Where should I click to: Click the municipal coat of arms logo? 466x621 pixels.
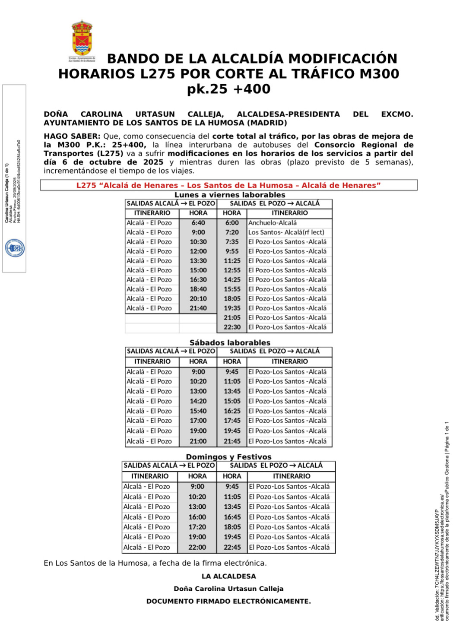pos(82,38)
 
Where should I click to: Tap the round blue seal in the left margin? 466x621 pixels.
pos(15,248)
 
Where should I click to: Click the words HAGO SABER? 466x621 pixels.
pos(72,136)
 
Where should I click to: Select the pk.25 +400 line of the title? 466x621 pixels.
pos(228,89)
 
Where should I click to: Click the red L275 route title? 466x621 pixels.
pos(228,185)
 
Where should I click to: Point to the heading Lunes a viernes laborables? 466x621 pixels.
pos(230,195)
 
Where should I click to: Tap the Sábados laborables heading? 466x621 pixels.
pos(230,342)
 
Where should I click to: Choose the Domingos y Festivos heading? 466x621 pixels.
pos(228,456)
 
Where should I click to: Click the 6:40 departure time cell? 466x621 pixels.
pos(198,223)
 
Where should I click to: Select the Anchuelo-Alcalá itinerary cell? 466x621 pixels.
pos(273,223)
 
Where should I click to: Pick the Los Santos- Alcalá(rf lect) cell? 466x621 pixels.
pos(286,232)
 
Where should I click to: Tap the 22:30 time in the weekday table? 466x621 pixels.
pos(232,327)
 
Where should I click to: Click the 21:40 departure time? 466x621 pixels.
pos(198,308)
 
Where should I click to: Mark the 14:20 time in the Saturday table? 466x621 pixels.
pos(198,401)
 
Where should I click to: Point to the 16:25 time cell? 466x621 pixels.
pos(232,411)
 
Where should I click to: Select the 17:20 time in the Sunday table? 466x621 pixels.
pos(197,527)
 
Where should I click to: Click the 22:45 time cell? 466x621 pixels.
pos(232,547)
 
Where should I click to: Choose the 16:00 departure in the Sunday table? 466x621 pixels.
pos(197,517)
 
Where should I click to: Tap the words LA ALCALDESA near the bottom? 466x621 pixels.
pos(228,576)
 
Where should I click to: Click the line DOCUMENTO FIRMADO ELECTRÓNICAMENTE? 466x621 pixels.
pos(228,601)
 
